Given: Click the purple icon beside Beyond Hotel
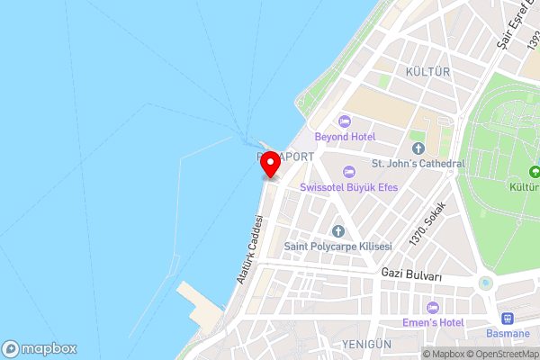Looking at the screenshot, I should [343, 121].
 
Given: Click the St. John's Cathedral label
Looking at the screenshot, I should [418, 164].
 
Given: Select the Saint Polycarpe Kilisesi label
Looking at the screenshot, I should [337, 247].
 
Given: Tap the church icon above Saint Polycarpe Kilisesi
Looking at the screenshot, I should [337, 231].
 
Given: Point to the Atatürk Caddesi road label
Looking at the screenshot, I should [249, 250].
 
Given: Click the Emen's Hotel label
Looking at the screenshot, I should [432, 323].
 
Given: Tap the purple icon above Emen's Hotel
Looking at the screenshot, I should [432, 308].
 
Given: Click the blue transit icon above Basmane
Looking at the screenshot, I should [508, 318].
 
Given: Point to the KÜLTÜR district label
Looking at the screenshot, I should [427, 71].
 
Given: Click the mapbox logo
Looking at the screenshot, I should [40, 348].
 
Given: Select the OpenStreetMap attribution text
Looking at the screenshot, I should [499, 354].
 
